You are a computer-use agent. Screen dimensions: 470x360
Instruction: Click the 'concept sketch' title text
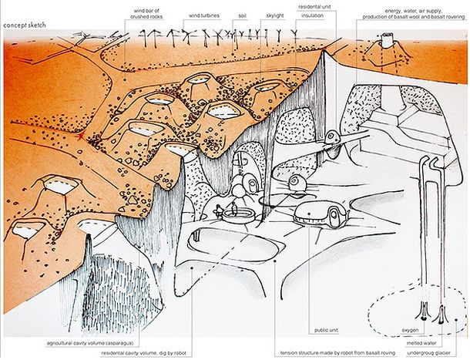(x=25, y=25)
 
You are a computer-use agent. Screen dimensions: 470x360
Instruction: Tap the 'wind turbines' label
(x=204, y=15)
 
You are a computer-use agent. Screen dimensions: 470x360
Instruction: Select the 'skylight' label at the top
(x=275, y=15)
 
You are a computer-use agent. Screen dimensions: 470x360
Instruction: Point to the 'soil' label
(x=242, y=15)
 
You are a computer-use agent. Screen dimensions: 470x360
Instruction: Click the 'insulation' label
(x=312, y=15)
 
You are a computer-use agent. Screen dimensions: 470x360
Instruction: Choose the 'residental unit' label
(x=314, y=7)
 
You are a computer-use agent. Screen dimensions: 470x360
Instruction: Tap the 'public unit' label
(x=326, y=330)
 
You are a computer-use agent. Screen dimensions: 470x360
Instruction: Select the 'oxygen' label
(x=410, y=330)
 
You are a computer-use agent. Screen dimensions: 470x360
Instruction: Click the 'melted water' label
(x=421, y=343)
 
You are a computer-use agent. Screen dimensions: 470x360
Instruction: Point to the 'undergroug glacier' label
(x=428, y=353)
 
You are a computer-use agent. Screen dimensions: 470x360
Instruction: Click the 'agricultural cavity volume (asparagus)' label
(x=90, y=343)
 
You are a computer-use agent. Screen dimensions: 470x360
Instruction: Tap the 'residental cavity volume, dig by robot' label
(x=143, y=353)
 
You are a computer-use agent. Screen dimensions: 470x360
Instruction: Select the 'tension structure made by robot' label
(x=337, y=353)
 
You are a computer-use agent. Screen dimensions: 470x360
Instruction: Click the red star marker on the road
(x=80, y=137)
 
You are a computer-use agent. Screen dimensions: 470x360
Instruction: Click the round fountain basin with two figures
(x=239, y=215)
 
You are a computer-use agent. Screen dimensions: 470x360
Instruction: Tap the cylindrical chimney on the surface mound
(x=387, y=41)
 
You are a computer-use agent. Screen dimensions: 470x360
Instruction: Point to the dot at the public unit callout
(x=308, y=214)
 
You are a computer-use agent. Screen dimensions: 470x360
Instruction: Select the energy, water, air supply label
(x=413, y=14)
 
